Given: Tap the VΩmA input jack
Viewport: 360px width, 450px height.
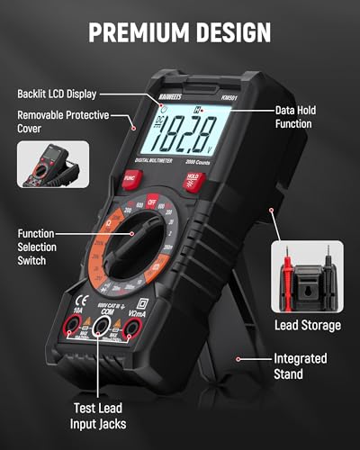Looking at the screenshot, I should tap(132, 330).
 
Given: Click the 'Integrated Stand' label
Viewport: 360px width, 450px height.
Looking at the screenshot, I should tap(301, 364).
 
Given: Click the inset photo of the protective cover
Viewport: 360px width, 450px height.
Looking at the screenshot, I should tap(51, 164).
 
